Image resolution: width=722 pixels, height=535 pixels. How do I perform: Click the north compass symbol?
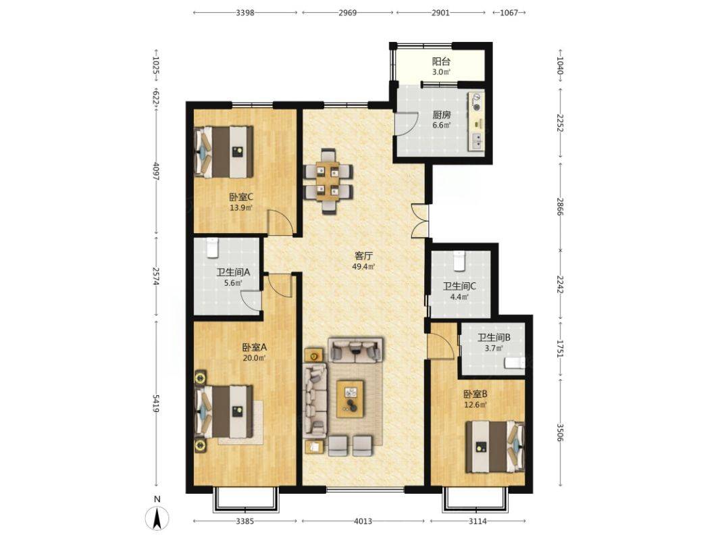pyautogui.click(x=157, y=518)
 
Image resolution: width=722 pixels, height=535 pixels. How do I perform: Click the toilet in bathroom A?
pyautogui.click(x=212, y=247)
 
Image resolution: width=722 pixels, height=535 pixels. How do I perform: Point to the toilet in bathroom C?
pyautogui.click(x=459, y=261)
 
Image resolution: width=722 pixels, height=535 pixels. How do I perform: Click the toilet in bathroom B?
pyautogui.click(x=515, y=363)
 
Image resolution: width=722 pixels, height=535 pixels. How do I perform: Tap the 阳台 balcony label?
pyautogui.click(x=440, y=61)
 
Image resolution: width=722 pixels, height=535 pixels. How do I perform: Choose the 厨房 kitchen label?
pyautogui.click(x=441, y=115)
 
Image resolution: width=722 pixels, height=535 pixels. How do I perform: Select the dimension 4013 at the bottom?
pyautogui.click(x=363, y=521)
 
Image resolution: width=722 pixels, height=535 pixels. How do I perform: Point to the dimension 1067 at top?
pyautogui.click(x=509, y=13)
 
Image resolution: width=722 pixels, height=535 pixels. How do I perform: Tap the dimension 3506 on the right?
pyautogui.click(x=560, y=433)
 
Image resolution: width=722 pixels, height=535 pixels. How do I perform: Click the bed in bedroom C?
pyautogui.click(x=224, y=152)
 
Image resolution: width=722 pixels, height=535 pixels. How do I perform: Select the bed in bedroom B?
pyautogui.click(x=495, y=447)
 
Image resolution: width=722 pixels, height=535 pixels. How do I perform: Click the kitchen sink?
pyautogui.click(x=477, y=141)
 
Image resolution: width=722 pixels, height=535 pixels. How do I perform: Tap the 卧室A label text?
pyautogui.click(x=255, y=348)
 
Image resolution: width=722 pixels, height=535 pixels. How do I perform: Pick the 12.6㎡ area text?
pyautogui.click(x=475, y=405)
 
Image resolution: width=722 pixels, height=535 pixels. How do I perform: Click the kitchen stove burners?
pyautogui.click(x=478, y=103)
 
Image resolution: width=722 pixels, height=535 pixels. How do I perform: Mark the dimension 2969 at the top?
pyautogui.click(x=348, y=13)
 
